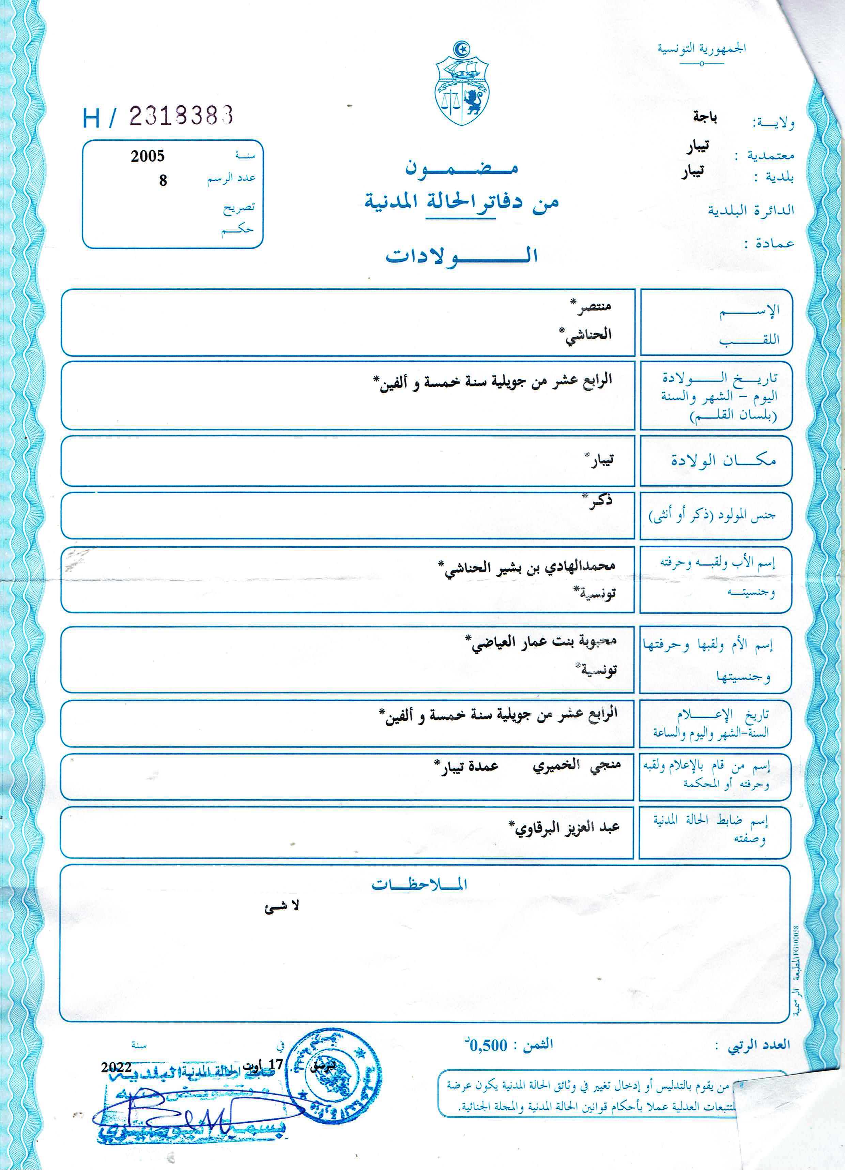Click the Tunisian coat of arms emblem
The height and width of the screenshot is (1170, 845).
[x=462, y=85]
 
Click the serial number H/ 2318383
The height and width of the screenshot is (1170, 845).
[x=158, y=117]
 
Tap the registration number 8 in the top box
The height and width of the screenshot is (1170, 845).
[x=163, y=181]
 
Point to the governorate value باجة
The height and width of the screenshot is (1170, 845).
[x=705, y=118]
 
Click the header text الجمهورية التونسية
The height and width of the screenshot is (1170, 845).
[x=702, y=49]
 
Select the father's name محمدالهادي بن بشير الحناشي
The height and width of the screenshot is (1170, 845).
[x=529, y=567]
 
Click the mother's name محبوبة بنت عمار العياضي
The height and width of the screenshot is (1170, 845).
[x=544, y=643]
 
